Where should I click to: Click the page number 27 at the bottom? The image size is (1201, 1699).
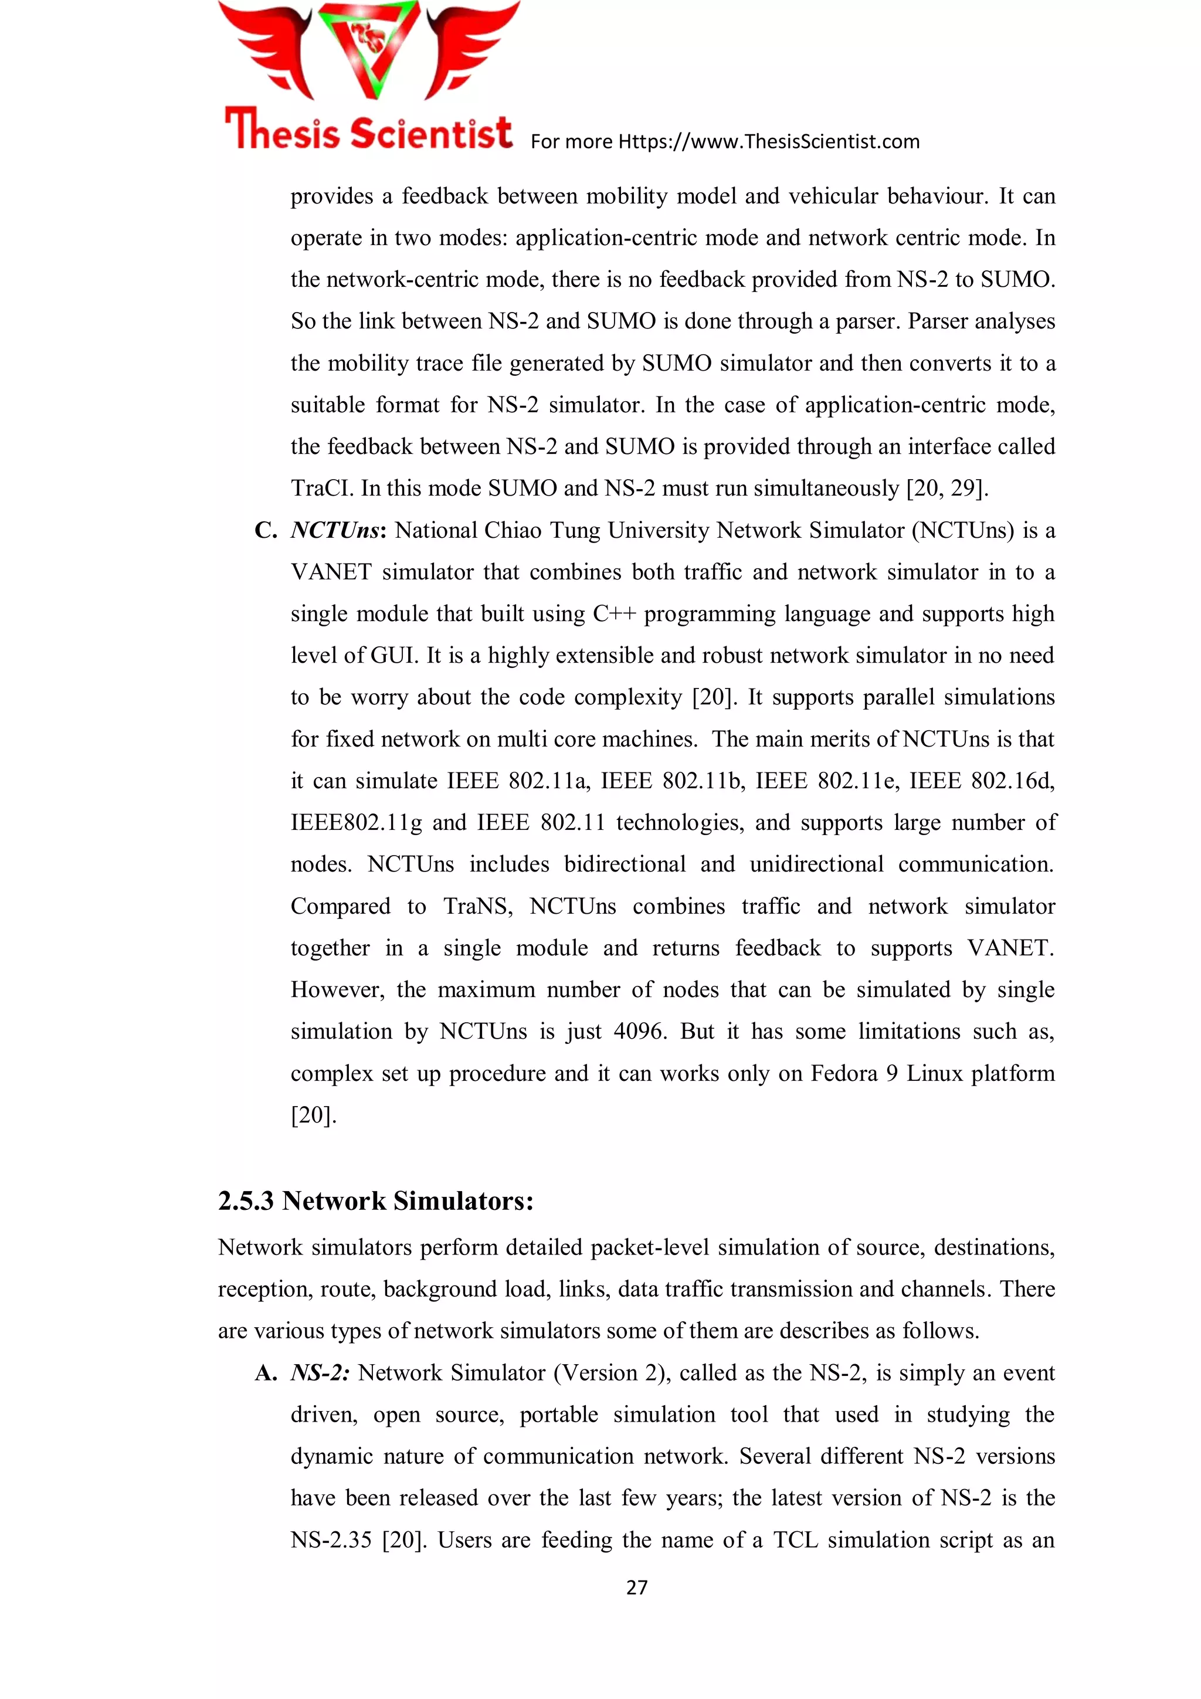pyautogui.click(x=636, y=1587)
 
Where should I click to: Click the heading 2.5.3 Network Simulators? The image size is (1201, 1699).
pyautogui.click(x=375, y=1201)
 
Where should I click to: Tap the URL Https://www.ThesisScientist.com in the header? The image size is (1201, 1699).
pyautogui.click(x=769, y=141)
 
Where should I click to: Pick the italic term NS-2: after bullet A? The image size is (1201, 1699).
pyautogui.click(x=320, y=1374)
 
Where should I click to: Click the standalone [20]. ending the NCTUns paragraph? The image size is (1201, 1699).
pyautogui.click(x=313, y=1115)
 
